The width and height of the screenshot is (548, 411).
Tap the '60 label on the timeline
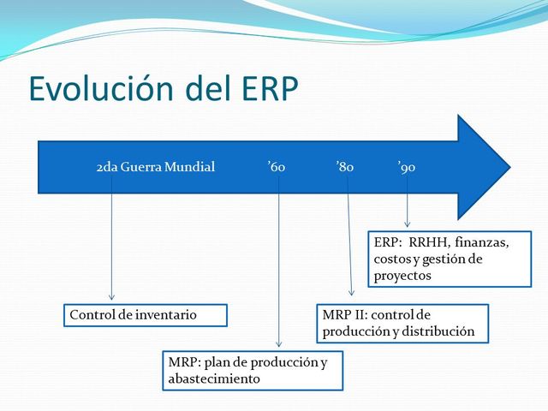[276, 167]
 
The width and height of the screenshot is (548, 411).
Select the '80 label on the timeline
[344, 167]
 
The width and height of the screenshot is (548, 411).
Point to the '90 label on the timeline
[407, 167]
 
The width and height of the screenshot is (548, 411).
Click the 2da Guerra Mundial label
[155, 167]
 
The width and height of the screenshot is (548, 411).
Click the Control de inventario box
[146, 315]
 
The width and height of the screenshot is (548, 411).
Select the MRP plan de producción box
[253, 370]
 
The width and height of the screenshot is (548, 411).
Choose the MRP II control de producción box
[402, 323]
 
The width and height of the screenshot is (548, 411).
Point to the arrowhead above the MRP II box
[352, 293]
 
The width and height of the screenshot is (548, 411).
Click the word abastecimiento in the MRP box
[214, 378]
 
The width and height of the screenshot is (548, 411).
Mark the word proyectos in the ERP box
[402, 276]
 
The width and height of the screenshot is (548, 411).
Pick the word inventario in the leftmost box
[166, 315]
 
